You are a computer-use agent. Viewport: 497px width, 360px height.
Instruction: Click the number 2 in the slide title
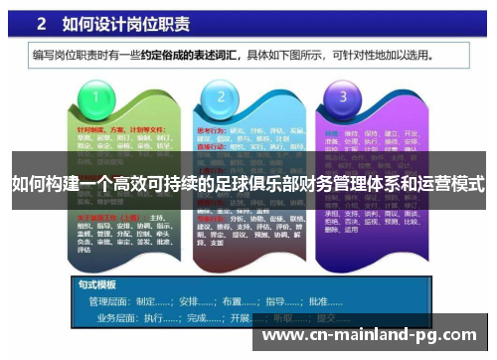[x=46, y=22]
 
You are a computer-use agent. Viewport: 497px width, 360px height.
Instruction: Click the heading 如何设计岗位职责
[x=128, y=22]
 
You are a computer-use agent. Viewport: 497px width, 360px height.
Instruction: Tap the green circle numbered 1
[x=96, y=97]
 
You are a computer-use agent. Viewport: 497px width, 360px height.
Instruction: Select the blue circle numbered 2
[x=216, y=97]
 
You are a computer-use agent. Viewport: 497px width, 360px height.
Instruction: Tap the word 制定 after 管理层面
[x=149, y=299]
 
